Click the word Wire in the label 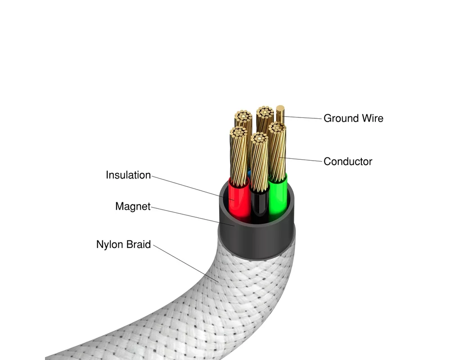click(373, 118)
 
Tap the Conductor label click(348, 162)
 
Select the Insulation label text click(128, 175)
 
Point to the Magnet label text click(133, 207)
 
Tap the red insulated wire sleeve click(238, 199)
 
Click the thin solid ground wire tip click(280, 108)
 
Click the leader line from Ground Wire click(303, 117)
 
